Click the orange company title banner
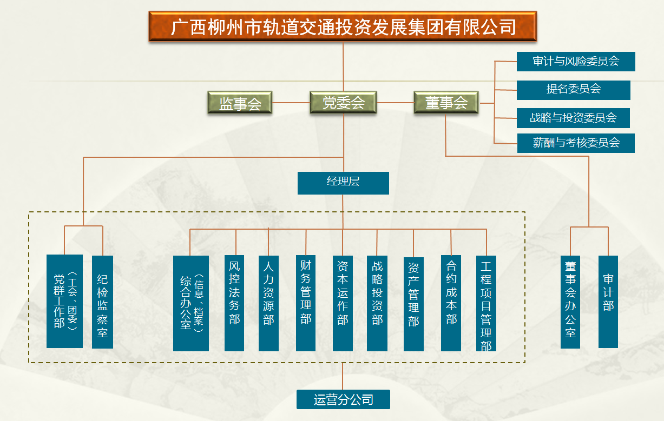(x=343, y=26)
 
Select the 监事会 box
(x=240, y=103)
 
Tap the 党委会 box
(x=343, y=103)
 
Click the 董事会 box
(x=446, y=103)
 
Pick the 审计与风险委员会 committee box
(x=576, y=62)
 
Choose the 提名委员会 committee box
(x=574, y=90)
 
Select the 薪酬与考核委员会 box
(x=576, y=143)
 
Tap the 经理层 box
(x=343, y=183)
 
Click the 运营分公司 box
(x=343, y=400)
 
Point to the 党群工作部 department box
(x=64, y=301)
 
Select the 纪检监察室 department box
(x=102, y=302)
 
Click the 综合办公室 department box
(x=191, y=303)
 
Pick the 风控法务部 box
(x=234, y=303)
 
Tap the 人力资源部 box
(x=268, y=303)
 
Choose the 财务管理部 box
(x=306, y=303)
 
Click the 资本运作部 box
(x=343, y=303)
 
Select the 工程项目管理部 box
(x=486, y=304)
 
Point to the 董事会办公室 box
(x=570, y=302)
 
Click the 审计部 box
(x=608, y=302)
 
